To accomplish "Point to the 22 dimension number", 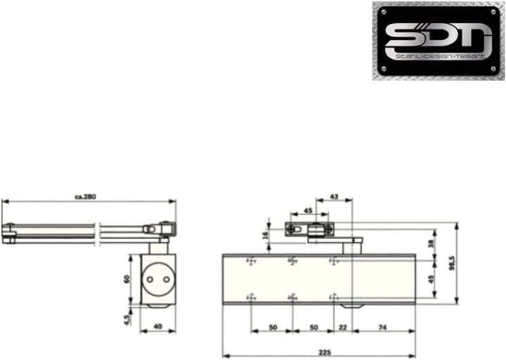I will [x=342, y=327].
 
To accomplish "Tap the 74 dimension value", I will [x=382, y=327].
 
